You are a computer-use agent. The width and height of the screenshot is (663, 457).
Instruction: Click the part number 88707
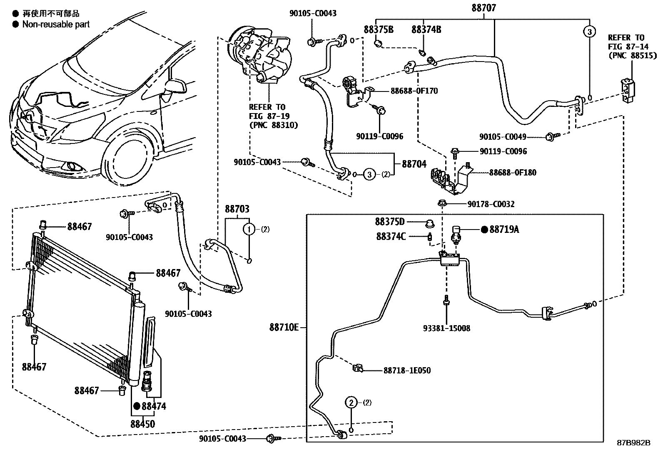pyautogui.click(x=484, y=8)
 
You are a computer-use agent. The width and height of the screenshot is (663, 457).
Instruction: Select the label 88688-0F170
pyautogui.click(x=414, y=91)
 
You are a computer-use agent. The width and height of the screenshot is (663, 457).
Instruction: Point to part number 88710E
pyautogui.click(x=284, y=327)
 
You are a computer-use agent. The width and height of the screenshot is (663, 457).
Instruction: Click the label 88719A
pyautogui.click(x=504, y=230)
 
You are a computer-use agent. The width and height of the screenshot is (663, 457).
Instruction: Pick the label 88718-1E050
pyautogui.click(x=407, y=370)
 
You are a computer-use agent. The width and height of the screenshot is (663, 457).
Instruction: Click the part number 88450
pyautogui.click(x=142, y=424)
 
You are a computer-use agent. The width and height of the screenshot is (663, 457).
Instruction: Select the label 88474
pyautogui.click(x=154, y=406)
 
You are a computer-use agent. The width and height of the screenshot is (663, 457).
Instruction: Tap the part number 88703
pyautogui.click(x=237, y=209)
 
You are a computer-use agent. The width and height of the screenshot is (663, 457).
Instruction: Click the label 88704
pyautogui.click(x=414, y=164)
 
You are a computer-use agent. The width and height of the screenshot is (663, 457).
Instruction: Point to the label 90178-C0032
pyautogui.click(x=491, y=204)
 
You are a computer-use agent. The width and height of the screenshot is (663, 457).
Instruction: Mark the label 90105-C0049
pyautogui.click(x=503, y=136)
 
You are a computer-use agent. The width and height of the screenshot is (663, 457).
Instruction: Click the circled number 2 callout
pyautogui.click(x=351, y=402)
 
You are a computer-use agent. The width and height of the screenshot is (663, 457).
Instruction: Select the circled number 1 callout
pyautogui.click(x=249, y=229)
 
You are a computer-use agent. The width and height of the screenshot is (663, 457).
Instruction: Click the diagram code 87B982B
pyautogui.click(x=633, y=443)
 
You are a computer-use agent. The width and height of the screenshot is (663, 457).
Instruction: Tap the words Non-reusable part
pyautogui.click(x=56, y=25)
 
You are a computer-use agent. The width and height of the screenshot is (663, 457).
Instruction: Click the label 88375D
pyautogui.click(x=389, y=222)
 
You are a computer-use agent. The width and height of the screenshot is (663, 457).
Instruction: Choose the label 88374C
pyautogui.click(x=391, y=236)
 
